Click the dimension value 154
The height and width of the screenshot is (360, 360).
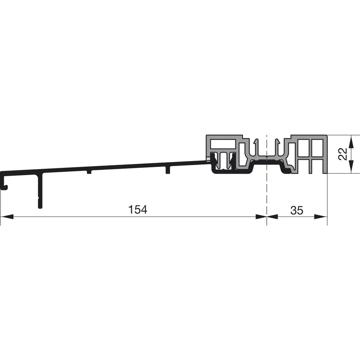point(138,210)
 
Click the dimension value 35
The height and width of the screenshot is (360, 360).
point(297,210)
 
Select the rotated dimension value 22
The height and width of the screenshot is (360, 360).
point(342,154)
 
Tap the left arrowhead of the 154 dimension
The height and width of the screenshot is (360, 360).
point(7,216)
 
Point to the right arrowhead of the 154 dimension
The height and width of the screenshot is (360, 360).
point(261,216)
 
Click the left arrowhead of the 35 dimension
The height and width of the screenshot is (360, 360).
point(272,216)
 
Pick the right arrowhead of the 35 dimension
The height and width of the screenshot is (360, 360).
point(321,216)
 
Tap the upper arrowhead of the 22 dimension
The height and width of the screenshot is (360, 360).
point(351,141)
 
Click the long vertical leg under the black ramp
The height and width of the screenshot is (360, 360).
point(40,191)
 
